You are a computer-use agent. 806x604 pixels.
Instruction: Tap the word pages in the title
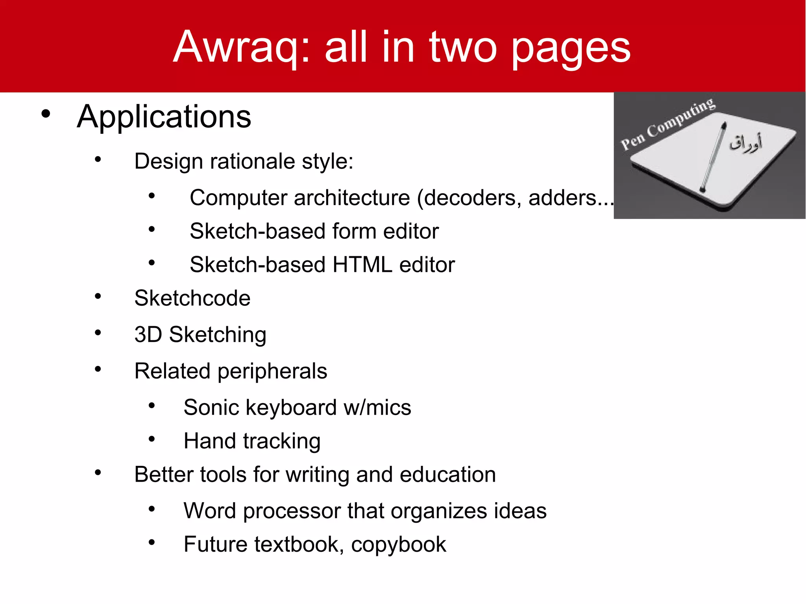click(x=571, y=49)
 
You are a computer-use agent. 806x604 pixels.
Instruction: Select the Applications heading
click(x=164, y=116)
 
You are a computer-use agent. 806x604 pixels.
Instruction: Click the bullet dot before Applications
click(x=46, y=114)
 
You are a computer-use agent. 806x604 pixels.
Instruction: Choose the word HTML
click(x=362, y=264)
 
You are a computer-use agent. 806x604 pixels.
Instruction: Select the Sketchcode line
click(x=192, y=298)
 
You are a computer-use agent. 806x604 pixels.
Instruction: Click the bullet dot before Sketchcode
click(x=98, y=296)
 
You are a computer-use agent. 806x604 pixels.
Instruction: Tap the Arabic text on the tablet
click(x=745, y=143)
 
